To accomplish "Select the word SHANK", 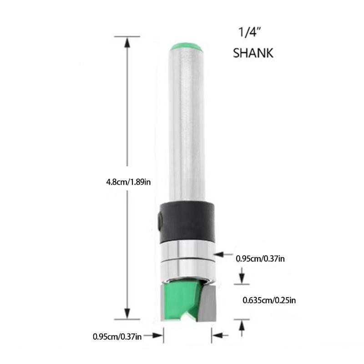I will pos(253,53).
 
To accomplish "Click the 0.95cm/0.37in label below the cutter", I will pos(117,337).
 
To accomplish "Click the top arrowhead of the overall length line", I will pos(127,40).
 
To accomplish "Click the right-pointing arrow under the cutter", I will pos(157,337).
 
